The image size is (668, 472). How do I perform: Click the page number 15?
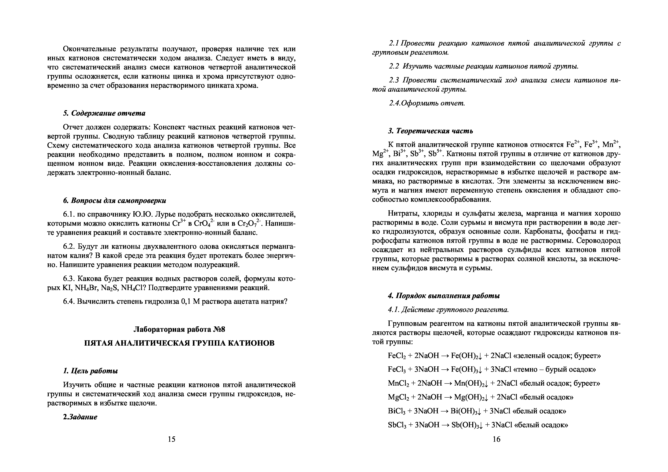172,439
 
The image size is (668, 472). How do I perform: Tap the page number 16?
496,439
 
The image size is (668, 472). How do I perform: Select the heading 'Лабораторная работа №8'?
179,329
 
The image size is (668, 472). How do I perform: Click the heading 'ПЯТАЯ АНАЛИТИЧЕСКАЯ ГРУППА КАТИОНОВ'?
179,343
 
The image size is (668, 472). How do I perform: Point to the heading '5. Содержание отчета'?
104,113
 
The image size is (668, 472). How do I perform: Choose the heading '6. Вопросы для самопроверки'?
115,201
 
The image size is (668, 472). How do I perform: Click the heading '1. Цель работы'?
90,371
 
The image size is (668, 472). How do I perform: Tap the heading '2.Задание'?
80,417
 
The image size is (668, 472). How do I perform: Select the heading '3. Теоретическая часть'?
430,131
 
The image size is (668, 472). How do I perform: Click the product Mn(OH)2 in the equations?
471,383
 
